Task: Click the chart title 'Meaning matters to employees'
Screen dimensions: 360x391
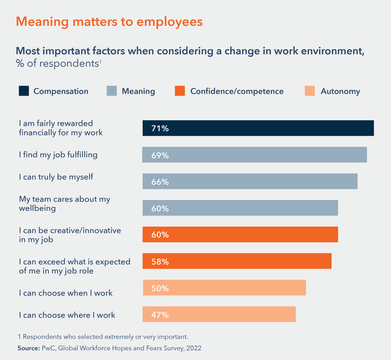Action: (x=109, y=22)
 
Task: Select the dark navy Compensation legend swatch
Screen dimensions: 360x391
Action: (x=23, y=91)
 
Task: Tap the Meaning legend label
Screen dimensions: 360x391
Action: (x=138, y=91)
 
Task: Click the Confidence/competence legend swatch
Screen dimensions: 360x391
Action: (x=180, y=91)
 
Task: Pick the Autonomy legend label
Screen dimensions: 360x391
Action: (x=340, y=91)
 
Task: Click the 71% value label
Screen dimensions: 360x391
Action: (x=160, y=128)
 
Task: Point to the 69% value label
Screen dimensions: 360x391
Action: (x=160, y=155)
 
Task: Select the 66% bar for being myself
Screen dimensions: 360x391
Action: (x=250, y=182)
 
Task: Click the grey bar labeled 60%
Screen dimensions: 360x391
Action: (x=240, y=208)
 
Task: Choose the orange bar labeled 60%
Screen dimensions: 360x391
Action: (x=240, y=235)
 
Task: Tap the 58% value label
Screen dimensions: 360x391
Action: (x=160, y=261)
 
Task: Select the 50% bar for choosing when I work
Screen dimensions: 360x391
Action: (x=224, y=288)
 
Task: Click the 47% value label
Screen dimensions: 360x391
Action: (x=160, y=315)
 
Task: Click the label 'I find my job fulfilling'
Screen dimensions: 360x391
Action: (x=58, y=155)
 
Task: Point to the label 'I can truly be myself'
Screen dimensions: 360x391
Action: (x=56, y=177)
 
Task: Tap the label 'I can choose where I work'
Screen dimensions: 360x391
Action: (x=67, y=315)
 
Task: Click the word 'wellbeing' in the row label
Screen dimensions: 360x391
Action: (x=37, y=208)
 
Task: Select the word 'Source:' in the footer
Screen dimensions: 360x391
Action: (x=29, y=347)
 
